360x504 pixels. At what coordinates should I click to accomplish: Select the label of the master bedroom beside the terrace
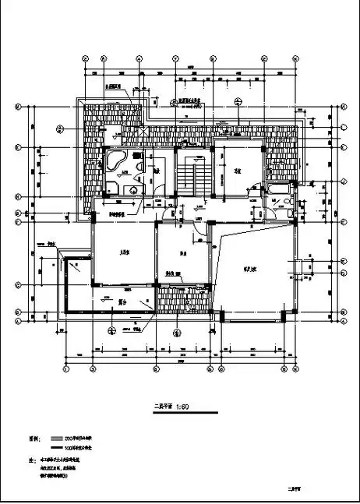pos(123,252)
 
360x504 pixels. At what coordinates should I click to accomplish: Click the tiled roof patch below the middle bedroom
pos(182,299)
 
